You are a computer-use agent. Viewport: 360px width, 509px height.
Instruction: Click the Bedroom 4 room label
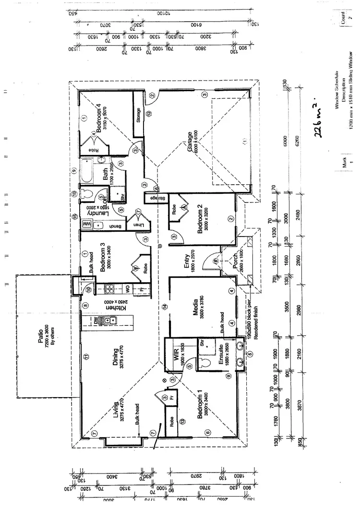pyautogui.click(x=99, y=118)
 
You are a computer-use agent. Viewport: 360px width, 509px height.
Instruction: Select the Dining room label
pyautogui.click(x=116, y=356)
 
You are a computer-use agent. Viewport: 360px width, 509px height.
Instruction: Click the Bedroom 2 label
pyautogui.click(x=200, y=220)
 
